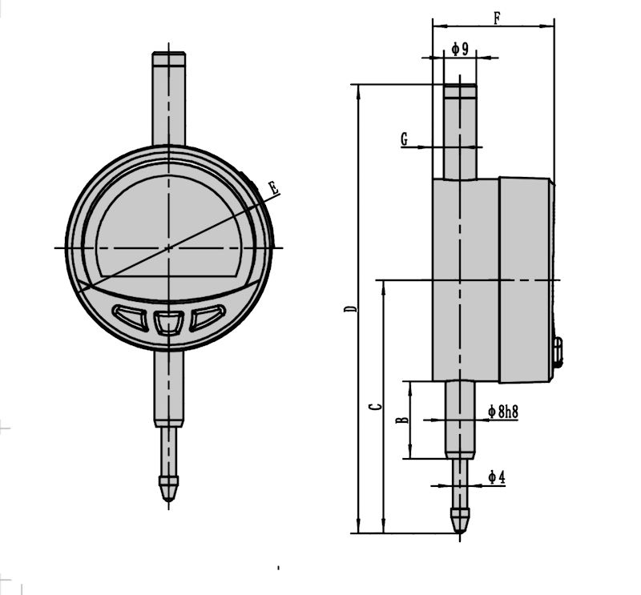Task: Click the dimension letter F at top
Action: point(497,17)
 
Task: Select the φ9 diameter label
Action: point(459,50)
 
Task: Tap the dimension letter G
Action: point(405,140)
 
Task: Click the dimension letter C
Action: point(375,408)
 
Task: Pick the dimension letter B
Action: point(403,419)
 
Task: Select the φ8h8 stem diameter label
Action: point(502,412)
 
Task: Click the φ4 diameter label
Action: point(497,478)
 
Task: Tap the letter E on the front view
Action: point(273,189)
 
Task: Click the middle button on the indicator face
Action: point(168,323)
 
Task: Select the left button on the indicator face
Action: point(130,317)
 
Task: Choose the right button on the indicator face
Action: point(207,317)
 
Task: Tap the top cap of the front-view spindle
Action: point(169,58)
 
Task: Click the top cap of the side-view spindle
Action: point(460,90)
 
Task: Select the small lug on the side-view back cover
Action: point(558,352)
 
